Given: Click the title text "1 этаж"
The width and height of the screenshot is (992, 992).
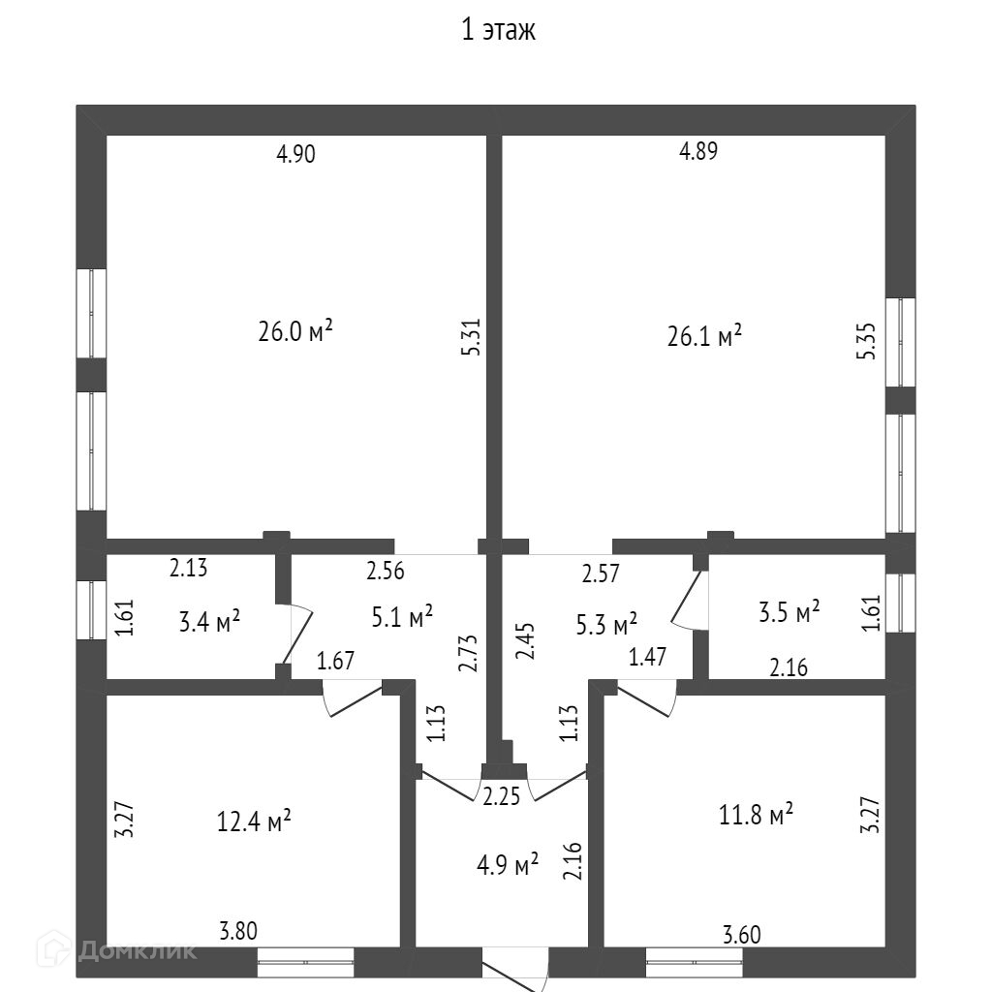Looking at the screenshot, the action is [x=498, y=31].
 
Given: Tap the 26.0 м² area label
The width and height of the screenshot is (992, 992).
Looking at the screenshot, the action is [x=294, y=331].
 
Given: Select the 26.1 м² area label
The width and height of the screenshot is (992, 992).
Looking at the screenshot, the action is [x=704, y=336].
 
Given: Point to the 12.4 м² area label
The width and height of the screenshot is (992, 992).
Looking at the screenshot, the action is [x=254, y=822].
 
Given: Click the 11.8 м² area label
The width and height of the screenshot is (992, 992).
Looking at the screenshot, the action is [x=756, y=815].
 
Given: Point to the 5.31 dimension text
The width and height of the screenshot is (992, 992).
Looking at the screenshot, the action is [x=473, y=338].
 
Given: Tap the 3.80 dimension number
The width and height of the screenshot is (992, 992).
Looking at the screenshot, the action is [x=238, y=932].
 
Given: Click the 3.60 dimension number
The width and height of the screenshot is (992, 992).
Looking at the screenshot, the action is [x=742, y=935].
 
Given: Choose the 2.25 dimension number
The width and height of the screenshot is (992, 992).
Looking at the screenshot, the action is [x=501, y=796].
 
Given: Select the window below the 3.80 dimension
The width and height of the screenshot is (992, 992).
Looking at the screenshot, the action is [x=305, y=962].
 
